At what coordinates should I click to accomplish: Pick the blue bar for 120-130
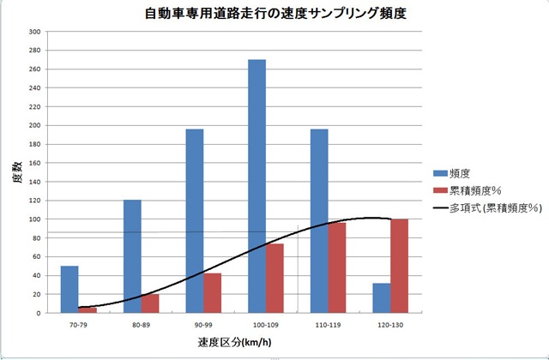click(x=382, y=298)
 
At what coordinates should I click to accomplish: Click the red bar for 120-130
click(x=399, y=266)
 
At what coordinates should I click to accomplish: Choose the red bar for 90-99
click(x=212, y=293)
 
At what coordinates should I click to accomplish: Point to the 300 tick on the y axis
click(x=35, y=32)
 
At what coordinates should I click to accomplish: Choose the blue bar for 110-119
click(x=319, y=221)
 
